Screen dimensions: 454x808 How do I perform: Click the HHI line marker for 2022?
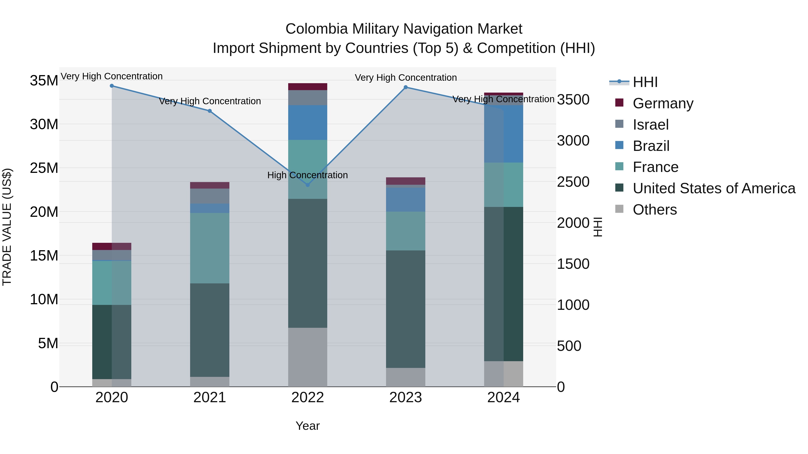point(307,185)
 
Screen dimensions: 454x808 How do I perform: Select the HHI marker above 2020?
point(112,86)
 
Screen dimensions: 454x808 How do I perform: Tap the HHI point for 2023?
point(406,87)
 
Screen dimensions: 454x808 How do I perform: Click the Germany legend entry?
point(663,103)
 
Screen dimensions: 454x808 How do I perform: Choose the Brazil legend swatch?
point(619,145)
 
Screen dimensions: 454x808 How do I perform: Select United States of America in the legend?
point(714,188)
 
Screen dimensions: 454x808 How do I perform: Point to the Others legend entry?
point(655,210)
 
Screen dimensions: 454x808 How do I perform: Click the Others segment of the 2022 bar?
point(307,357)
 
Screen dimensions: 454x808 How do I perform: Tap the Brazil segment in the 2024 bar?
point(503,134)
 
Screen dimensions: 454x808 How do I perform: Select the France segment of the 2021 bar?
point(210,248)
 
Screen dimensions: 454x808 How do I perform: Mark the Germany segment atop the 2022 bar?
point(307,87)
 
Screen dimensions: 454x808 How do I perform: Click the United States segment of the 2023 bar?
point(406,309)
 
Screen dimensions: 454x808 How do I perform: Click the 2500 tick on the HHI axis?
point(573,182)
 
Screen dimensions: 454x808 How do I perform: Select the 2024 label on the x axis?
point(503,398)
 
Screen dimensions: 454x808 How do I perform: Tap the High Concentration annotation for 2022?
point(307,175)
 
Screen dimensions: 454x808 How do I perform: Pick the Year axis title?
point(307,426)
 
